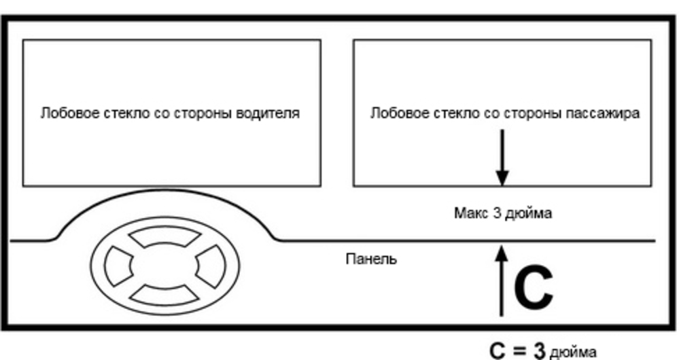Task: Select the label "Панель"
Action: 371,259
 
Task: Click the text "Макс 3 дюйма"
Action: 502,213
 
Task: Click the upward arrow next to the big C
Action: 502,281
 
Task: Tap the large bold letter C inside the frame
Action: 533,287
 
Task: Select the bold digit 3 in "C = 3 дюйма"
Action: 539,351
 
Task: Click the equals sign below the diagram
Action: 519,351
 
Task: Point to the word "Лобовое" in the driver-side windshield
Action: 63,113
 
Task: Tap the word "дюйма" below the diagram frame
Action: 573,353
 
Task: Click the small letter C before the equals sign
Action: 499,351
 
